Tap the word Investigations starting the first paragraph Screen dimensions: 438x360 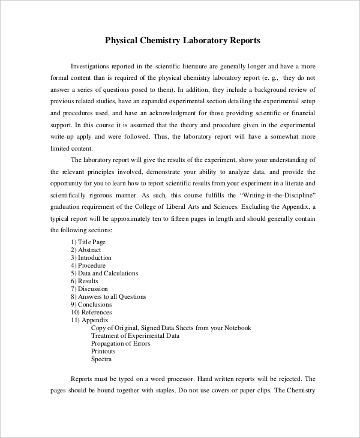[95, 65]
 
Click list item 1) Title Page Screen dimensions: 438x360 [88, 242]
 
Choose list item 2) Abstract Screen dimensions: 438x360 [86, 250]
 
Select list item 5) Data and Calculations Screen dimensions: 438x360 [104, 273]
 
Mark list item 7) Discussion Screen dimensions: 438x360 [89, 289]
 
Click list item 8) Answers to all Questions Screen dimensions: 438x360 [109, 296]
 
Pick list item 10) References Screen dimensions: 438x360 [91, 312]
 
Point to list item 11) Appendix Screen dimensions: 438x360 [90, 320]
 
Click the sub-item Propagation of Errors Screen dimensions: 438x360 [121, 344]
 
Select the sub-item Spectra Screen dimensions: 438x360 [101, 359]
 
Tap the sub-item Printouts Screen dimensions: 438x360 [103, 352]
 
